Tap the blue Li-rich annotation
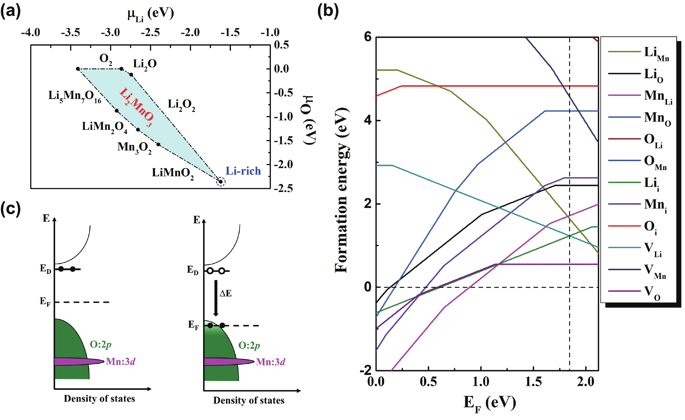(243, 171)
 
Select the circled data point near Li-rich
(221, 182)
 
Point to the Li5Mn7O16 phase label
(75, 96)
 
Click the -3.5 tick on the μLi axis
(71, 33)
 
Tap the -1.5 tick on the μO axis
(283, 141)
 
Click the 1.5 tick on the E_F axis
(533, 382)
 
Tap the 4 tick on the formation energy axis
(368, 120)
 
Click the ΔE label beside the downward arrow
(225, 293)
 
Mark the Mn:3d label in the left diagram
(121, 362)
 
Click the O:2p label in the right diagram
(249, 345)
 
